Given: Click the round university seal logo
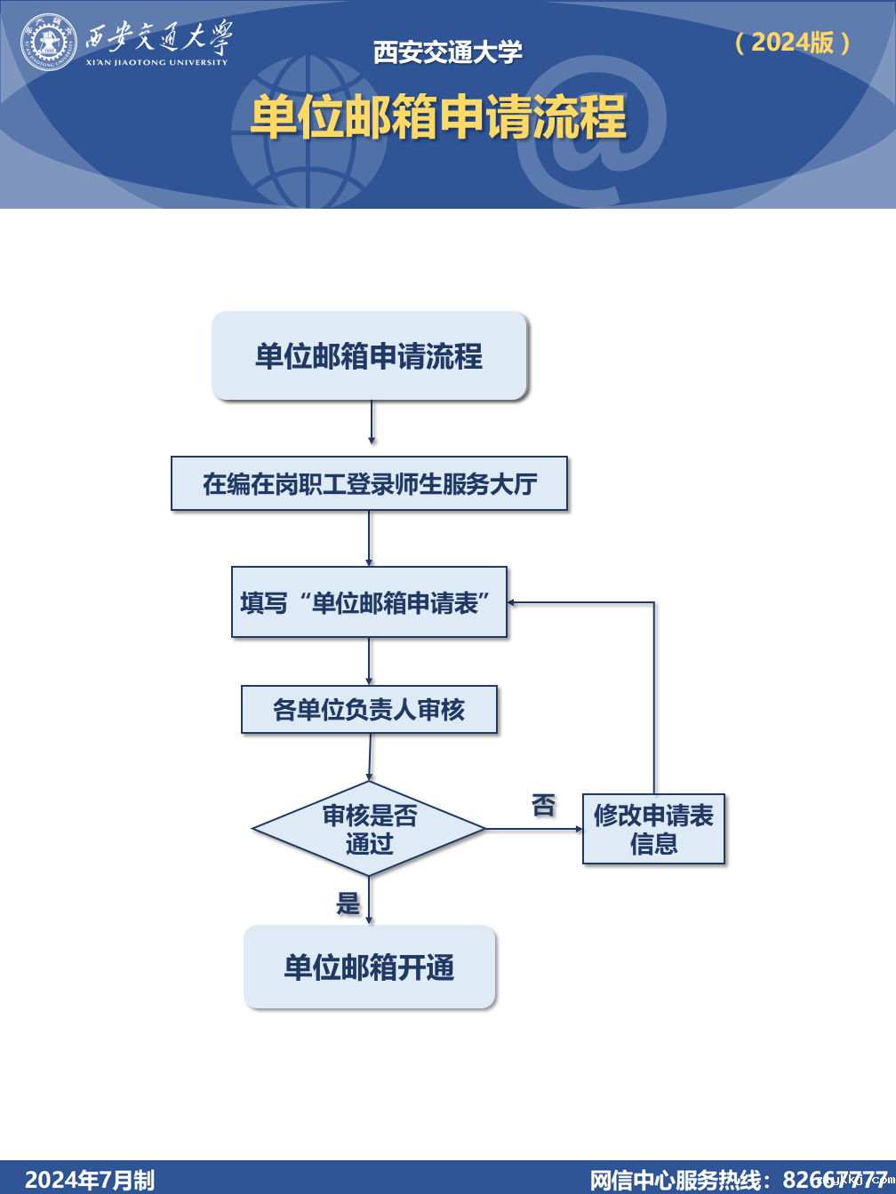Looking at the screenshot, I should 49,42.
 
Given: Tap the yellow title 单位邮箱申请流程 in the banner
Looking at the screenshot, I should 438,117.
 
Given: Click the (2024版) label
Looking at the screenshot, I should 793,42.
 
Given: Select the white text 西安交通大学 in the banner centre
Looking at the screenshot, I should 448,52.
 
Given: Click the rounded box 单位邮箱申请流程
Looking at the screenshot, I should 369,356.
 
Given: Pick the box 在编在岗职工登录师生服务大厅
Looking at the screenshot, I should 369,484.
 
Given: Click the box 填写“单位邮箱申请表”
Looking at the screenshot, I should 369,602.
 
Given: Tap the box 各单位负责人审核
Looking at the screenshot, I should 369,710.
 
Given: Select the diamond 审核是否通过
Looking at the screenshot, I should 369,829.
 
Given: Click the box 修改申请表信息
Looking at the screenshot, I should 653,829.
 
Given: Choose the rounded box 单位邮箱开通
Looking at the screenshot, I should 369,967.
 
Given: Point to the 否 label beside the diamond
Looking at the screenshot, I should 543,806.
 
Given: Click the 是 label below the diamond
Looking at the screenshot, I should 348,904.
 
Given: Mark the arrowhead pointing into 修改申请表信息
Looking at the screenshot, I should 578,829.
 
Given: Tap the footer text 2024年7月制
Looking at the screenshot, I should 89,1180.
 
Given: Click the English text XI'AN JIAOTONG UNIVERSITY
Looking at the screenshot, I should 157,62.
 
